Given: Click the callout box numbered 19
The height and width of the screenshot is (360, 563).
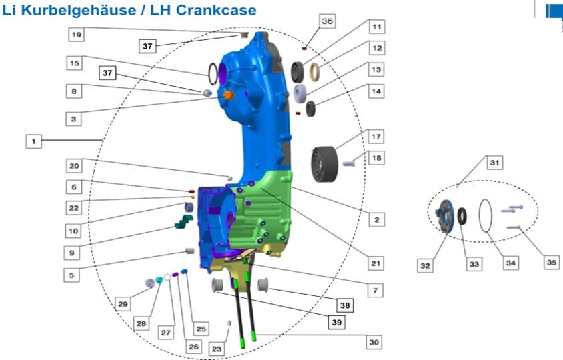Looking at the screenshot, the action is click(x=77, y=35).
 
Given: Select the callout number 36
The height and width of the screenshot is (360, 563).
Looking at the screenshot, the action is click(x=327, y=21).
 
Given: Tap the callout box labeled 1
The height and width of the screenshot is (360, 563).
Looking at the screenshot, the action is click(x=34, y=141).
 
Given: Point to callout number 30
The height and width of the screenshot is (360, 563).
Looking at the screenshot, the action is click(x=374, y=342).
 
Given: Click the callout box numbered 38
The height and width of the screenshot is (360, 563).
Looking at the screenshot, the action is click(x=345, y=305).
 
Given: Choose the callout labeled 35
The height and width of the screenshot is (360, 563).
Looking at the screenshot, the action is click(x=552, y=263).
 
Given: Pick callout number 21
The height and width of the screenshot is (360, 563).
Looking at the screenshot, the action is click(x=376, y=263).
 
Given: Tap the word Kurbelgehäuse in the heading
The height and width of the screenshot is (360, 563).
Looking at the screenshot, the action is click(x=79, y=10).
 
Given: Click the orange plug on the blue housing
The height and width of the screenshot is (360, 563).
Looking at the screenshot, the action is click(x=229, y=95).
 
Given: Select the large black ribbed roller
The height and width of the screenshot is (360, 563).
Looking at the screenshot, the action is click(x=325, y=164).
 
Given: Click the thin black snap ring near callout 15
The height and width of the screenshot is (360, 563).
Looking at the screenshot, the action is click(x=213, y=74).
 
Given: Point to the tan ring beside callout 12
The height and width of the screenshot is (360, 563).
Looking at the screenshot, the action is click(x=315, y=72).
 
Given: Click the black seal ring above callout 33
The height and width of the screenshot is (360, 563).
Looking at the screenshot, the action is click(x=462, y=215).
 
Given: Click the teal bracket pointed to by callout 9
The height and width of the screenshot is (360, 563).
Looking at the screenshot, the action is click(x=184, y=221).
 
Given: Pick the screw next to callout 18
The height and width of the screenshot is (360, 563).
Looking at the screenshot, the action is click(x=349, y=164).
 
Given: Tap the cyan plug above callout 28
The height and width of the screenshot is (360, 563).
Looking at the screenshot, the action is click(x=159, y=280).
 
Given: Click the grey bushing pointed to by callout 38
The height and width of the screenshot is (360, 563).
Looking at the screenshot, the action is click(x=263, y=285).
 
